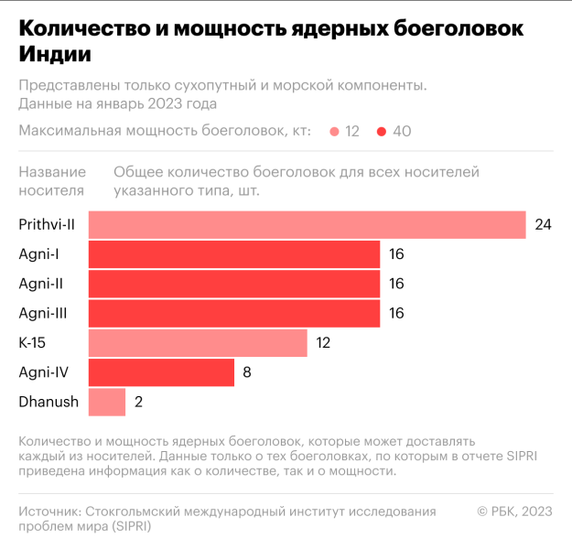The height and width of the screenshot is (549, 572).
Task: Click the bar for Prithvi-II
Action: [x=307, y=225]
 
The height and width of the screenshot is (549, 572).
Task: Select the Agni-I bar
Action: [x=234, y=254]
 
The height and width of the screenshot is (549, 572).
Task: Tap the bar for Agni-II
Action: [x=234, y=284]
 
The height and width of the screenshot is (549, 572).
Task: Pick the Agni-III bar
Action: [x=234, y=313]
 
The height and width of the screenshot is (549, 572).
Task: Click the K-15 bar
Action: [x=198, y=343]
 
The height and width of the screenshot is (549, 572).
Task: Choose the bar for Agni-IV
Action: [x=161, y=372]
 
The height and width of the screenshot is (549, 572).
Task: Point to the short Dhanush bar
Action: [x=107, y=402]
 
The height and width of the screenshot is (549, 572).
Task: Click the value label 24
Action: [x=543, y=225]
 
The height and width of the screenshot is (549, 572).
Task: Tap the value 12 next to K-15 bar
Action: [x=323, y=343]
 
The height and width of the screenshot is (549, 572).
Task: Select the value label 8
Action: [x=247, y=372]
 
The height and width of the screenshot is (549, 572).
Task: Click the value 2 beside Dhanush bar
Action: [x=138, y=402]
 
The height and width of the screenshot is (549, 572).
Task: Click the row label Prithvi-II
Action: [x=47, y=225]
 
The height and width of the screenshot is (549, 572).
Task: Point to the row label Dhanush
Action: [x=49, y=402]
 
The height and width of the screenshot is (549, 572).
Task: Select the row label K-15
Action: [x=33, y=343]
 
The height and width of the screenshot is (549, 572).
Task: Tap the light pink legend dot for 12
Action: [x=335, y=132]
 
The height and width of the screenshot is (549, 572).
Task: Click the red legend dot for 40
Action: [x=381, y=132]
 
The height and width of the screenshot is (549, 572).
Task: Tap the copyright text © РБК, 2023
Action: [x=514, y=511]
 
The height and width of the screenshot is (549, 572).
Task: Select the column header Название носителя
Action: [x=52, y=181]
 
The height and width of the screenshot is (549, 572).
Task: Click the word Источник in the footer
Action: [x=49, y=511]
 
